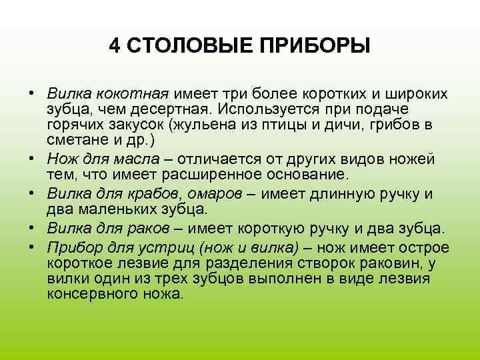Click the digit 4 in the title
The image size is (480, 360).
[115, 47]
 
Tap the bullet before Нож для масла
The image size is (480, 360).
[31, 160]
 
